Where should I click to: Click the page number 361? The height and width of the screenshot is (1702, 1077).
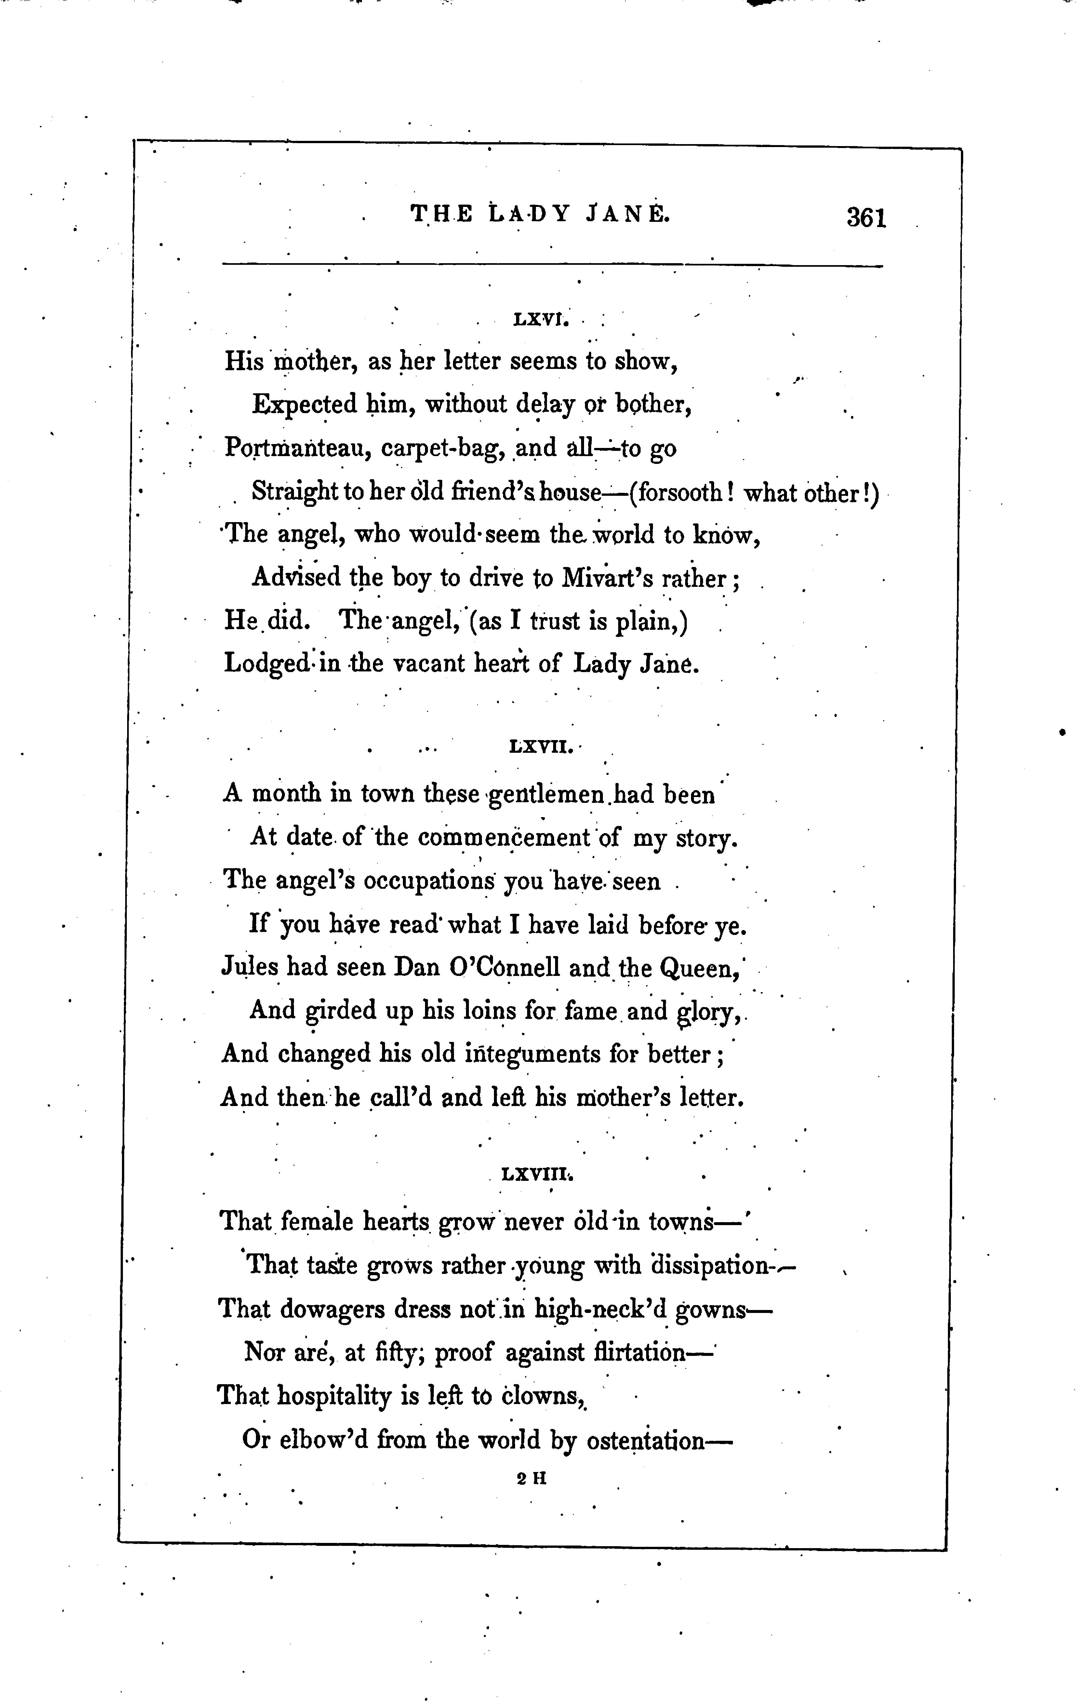tap(866, 217)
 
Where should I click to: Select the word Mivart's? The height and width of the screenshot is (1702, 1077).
tap(608, 579)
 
